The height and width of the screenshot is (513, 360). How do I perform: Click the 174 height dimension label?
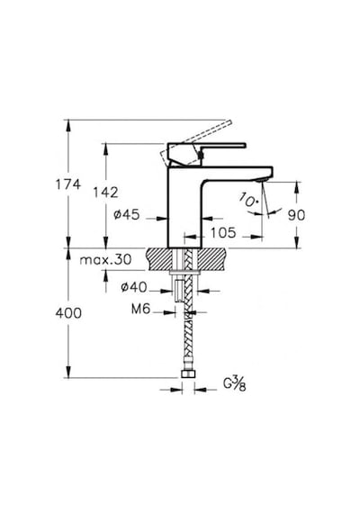68,184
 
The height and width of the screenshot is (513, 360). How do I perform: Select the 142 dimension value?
105,193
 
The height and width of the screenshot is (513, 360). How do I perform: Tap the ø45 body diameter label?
127,214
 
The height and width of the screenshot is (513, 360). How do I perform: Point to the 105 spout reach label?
223,232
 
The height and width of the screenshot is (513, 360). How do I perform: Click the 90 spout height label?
296,215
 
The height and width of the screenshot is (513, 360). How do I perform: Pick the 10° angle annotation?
247,200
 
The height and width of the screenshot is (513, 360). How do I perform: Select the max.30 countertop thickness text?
105,260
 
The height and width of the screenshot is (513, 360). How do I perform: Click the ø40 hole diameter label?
134,287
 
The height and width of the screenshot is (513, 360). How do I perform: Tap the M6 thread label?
140,309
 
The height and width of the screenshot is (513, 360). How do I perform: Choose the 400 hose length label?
68,313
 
